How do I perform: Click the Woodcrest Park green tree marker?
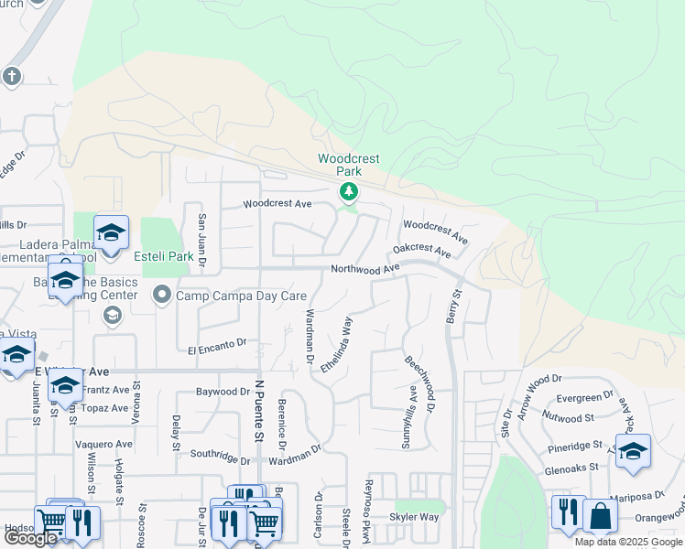[x=348, y=192]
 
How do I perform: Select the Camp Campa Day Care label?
[x=242, y=296]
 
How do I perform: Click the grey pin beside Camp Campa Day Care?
[x=162, y=295]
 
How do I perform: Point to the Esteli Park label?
[x=163, y=257]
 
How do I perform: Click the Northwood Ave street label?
[x=365, y=269]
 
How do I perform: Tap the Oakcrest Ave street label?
[x=422, y=249]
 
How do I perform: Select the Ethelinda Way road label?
[x=336, y=345]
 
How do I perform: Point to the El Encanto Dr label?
[x=217, y=346]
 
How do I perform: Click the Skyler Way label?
[x=414, y=517]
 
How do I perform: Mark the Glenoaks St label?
[x=570, y=466]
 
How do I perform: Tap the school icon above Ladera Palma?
[x=111, y=233]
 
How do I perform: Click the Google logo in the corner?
[x=30, y=538]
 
